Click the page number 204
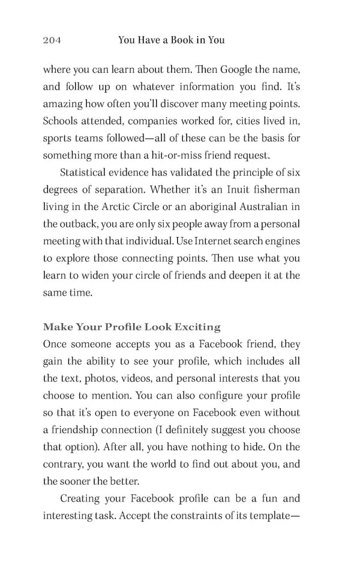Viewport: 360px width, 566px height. tap(52, 40)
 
